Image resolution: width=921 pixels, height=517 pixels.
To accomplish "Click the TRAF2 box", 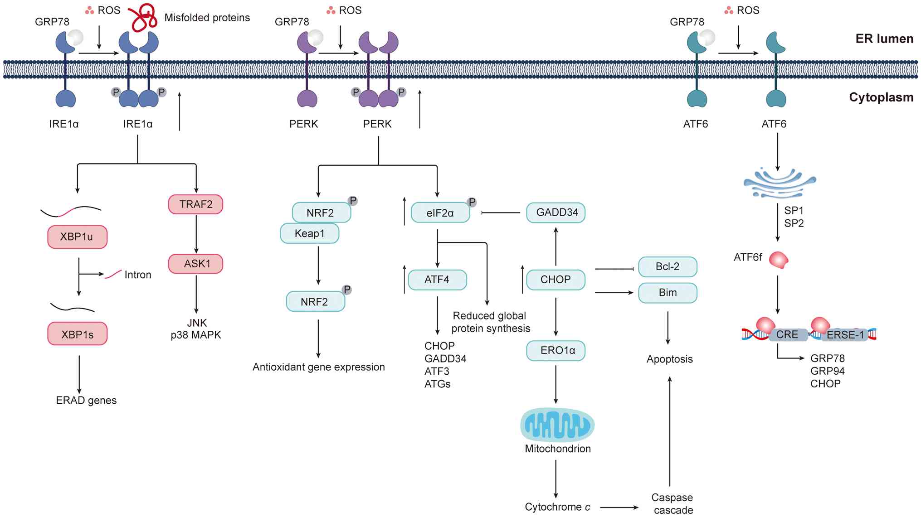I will pos(195,204).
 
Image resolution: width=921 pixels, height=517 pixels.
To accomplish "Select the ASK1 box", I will pos(195,264).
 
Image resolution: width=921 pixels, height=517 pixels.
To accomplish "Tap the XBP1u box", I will pos(77,237).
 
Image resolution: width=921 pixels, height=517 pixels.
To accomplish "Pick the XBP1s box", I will pos(77,334).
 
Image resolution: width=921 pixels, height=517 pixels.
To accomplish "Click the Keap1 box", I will pos(309,233).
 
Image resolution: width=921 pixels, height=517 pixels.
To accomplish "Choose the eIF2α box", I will pos(440,213).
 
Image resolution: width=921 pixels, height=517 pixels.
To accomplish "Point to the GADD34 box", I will pos(556,213).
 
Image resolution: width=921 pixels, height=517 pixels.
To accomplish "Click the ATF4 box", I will pos(437,280).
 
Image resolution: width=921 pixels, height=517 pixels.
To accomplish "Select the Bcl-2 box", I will pos(667,266).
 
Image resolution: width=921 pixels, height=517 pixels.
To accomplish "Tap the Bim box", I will pos(667,293).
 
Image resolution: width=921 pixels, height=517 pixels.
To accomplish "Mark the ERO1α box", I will pos(556,350).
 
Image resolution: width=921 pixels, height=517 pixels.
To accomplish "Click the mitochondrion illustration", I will pos(557,425).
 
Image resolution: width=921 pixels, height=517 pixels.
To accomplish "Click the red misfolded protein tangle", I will pos(143,17).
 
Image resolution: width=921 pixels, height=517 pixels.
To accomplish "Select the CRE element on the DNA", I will pos(788,335).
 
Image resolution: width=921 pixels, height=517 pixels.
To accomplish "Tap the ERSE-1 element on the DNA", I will pos(844,335).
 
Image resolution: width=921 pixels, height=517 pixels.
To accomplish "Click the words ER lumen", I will pos(884,39).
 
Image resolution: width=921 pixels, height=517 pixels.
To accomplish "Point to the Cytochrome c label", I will pos(557,507).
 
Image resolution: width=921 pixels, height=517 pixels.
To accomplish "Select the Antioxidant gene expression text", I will pos(318,367).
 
